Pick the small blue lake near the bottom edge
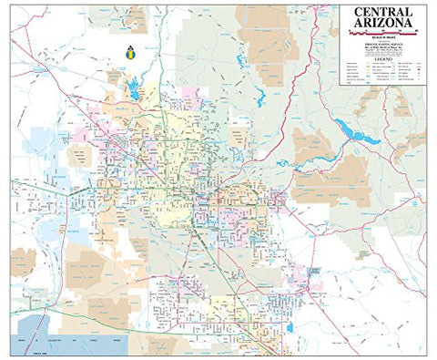290,327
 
